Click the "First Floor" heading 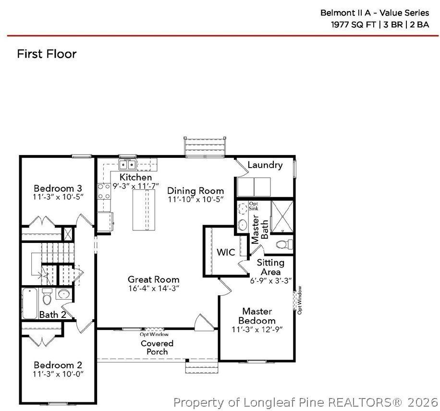[x=47, y=54]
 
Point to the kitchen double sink [x=127, y=165]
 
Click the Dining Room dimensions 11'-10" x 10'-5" [x=196, y=199]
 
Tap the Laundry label [x=265, y=165]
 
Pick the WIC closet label [x=225, y=252]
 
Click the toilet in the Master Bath [x=285, y=244]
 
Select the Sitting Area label [x=270, y=267]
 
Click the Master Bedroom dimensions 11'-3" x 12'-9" [x=257, y=329]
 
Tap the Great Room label [x=153, y=279]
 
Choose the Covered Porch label [x=157, y=348]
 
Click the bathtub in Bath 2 [x=30, y=302]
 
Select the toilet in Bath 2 [x=47, y=297]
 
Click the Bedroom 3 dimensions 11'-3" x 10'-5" [x=58, y=197]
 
